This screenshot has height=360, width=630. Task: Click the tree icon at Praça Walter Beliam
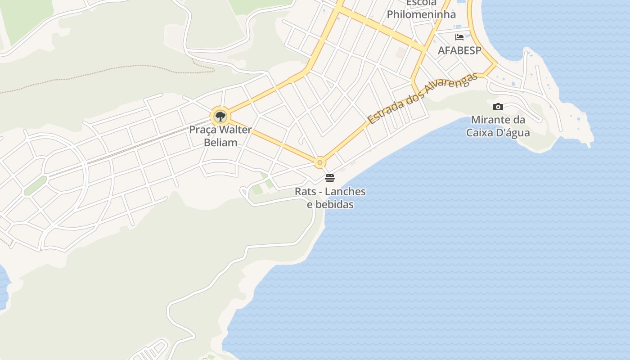click(x=220, y=117)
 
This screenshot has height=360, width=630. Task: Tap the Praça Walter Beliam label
click(x=220, y=136)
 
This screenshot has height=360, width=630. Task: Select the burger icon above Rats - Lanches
click(x=330, y=178)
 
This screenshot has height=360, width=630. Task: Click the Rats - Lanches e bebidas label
click(x=330, y=198)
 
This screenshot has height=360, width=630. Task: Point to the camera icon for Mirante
click(x=498, y=107)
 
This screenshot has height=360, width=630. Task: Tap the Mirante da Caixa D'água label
click(x=498, y=126)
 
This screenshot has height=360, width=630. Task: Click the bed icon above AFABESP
click(x=459, y=37)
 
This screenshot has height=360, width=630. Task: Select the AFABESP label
click(x=459, y=50)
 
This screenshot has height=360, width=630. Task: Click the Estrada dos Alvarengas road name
click(x=422, y=99)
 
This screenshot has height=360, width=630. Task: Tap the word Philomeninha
click(x=421, y=14)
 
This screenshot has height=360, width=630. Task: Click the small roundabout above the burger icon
click(x=320, y=162)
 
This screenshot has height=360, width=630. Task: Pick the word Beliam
click(x=220, y=143)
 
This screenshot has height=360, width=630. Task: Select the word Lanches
click(x=345, y=192)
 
